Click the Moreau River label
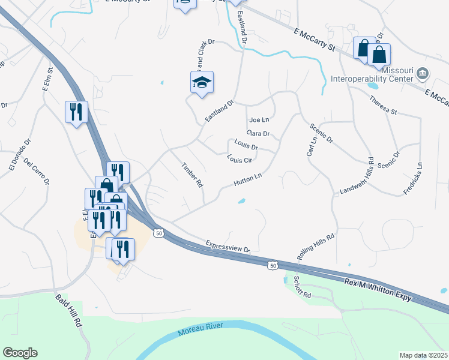200,329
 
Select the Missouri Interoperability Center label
372,73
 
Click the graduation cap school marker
202,82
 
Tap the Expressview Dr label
228,246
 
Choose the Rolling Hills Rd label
315,247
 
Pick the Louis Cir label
240,160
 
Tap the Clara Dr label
258,133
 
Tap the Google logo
20,353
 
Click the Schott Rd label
302,287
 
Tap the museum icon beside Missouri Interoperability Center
423,74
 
